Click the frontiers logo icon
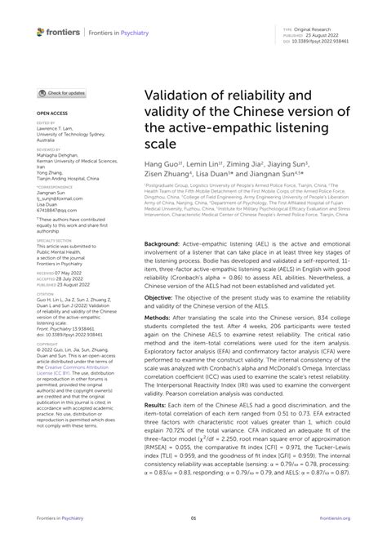coord(41,32)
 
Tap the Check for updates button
coord(61,94)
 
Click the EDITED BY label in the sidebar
coord(45,123)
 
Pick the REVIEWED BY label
coord(47,150)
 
